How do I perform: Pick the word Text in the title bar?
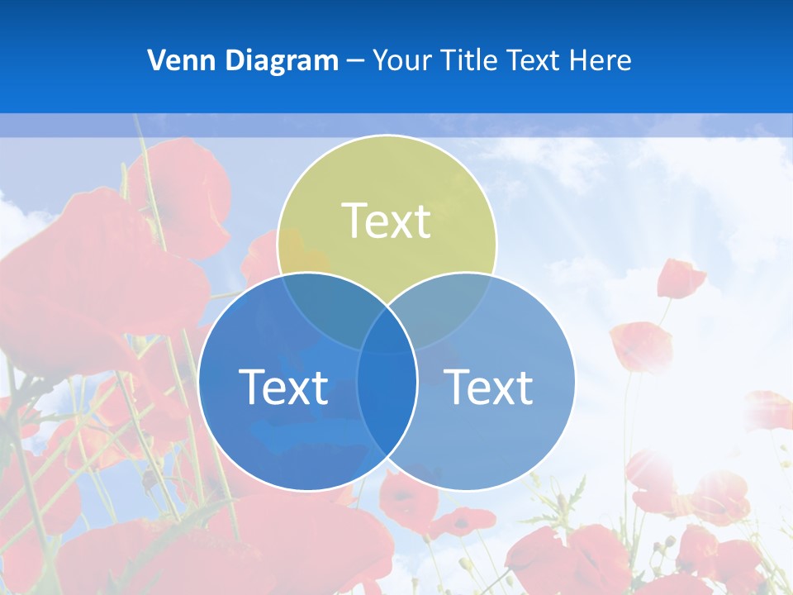(535, 60)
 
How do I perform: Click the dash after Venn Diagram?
(355, 61)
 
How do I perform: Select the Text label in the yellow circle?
(387, 221)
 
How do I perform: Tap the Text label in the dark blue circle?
(283, 386)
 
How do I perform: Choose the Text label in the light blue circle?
(488, 386)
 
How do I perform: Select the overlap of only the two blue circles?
(387, 405)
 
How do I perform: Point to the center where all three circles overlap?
(387, 335)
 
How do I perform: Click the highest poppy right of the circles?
(680, 278)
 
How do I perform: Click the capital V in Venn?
(157, 60)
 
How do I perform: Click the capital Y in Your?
(380, 60)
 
